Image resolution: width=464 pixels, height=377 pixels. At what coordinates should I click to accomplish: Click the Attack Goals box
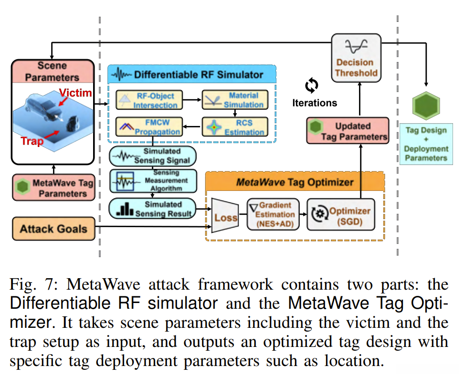pos(53,229)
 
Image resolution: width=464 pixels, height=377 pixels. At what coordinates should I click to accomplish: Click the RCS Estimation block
pos(234,126)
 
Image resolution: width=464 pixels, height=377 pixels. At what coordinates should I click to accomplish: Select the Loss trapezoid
pos(225,218)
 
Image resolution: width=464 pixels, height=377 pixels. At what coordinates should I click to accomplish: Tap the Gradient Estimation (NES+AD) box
pos(274,214)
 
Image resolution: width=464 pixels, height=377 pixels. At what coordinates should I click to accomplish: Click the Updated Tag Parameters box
pos(347,131)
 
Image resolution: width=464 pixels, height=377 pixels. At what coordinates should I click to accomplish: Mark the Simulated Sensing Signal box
pos(152,156)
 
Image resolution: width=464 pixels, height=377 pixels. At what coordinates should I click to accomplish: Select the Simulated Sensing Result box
pos(152,209)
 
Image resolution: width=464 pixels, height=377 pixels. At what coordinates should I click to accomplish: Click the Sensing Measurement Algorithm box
pos(152,181)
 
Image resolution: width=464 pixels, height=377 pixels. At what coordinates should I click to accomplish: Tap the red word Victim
pos(76,93)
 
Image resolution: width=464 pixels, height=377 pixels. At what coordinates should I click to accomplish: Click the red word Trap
pos(32,141)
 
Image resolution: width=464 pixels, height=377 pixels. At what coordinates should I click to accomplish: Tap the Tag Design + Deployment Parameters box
pos(426,144)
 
